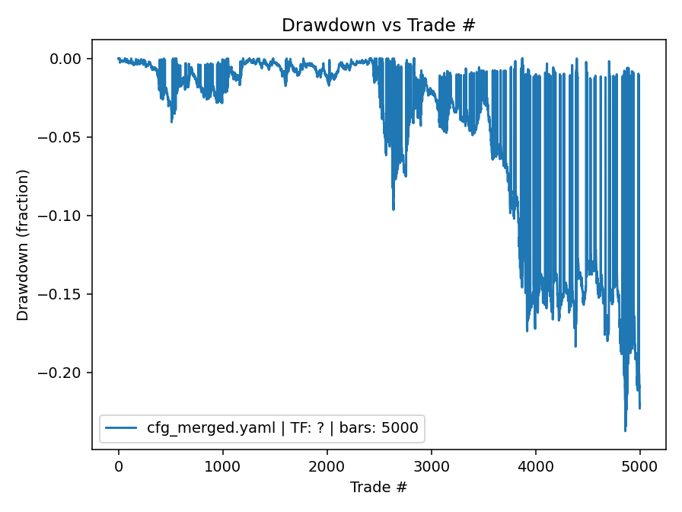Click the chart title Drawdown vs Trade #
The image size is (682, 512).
tap(378, 24)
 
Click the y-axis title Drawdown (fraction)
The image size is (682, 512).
tap(23, 245)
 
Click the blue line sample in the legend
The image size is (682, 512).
tap(122, 428)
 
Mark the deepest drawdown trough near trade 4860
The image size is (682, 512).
tap(625, 431)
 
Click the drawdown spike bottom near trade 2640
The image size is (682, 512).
tap(394, 210)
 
